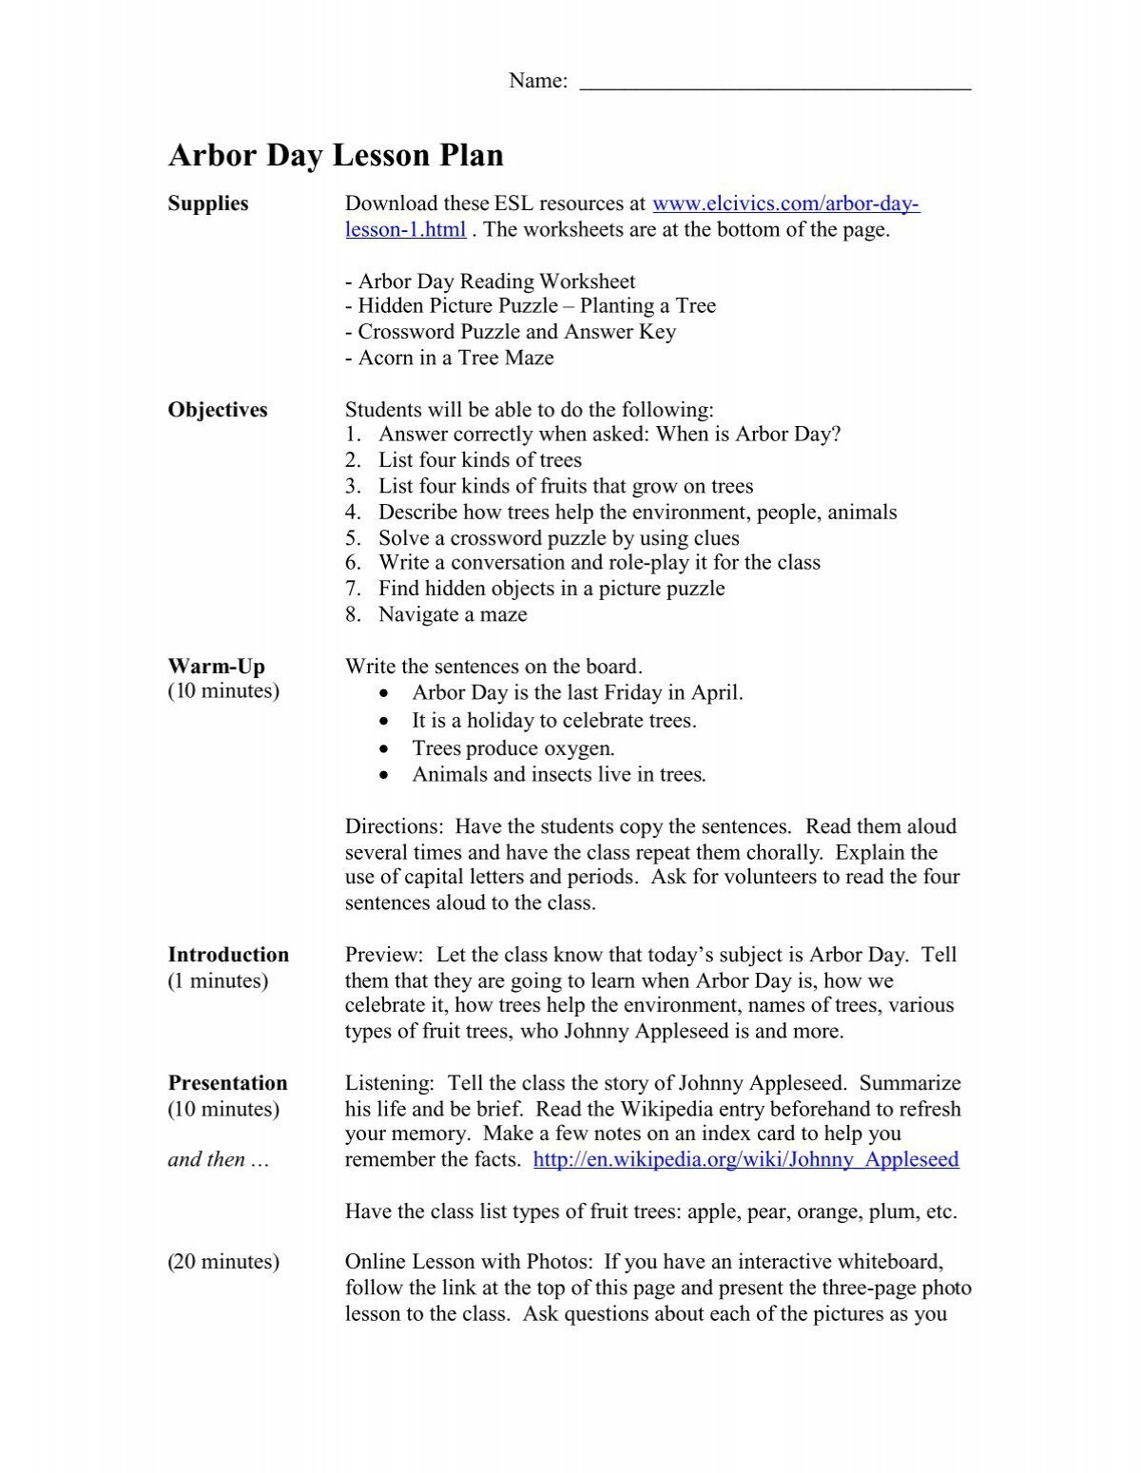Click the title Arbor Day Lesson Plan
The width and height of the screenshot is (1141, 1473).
click(336, 156)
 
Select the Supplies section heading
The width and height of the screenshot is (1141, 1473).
click(208, 204)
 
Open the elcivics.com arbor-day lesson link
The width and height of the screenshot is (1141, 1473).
click(785, 204)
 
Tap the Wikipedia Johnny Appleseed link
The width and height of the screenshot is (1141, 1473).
click(745, 1159)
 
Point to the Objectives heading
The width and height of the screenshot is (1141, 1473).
click(218, 410)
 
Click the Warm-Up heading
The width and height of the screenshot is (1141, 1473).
click(217, 666)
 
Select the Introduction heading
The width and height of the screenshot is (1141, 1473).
click(228, 955)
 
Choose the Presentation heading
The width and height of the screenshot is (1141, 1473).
click(227, 1083)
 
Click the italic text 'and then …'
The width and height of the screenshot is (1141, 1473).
click(219, 1159)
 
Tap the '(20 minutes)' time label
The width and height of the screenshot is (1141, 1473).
click(223, 1262)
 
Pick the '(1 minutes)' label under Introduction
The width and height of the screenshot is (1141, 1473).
click(218, 980)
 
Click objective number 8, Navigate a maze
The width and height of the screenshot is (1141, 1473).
click(452, 614)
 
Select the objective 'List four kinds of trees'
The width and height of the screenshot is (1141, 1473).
click(479, 460)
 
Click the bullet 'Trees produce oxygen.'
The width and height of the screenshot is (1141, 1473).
click(512, 748)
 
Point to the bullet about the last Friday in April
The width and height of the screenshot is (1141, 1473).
click(577, 692)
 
